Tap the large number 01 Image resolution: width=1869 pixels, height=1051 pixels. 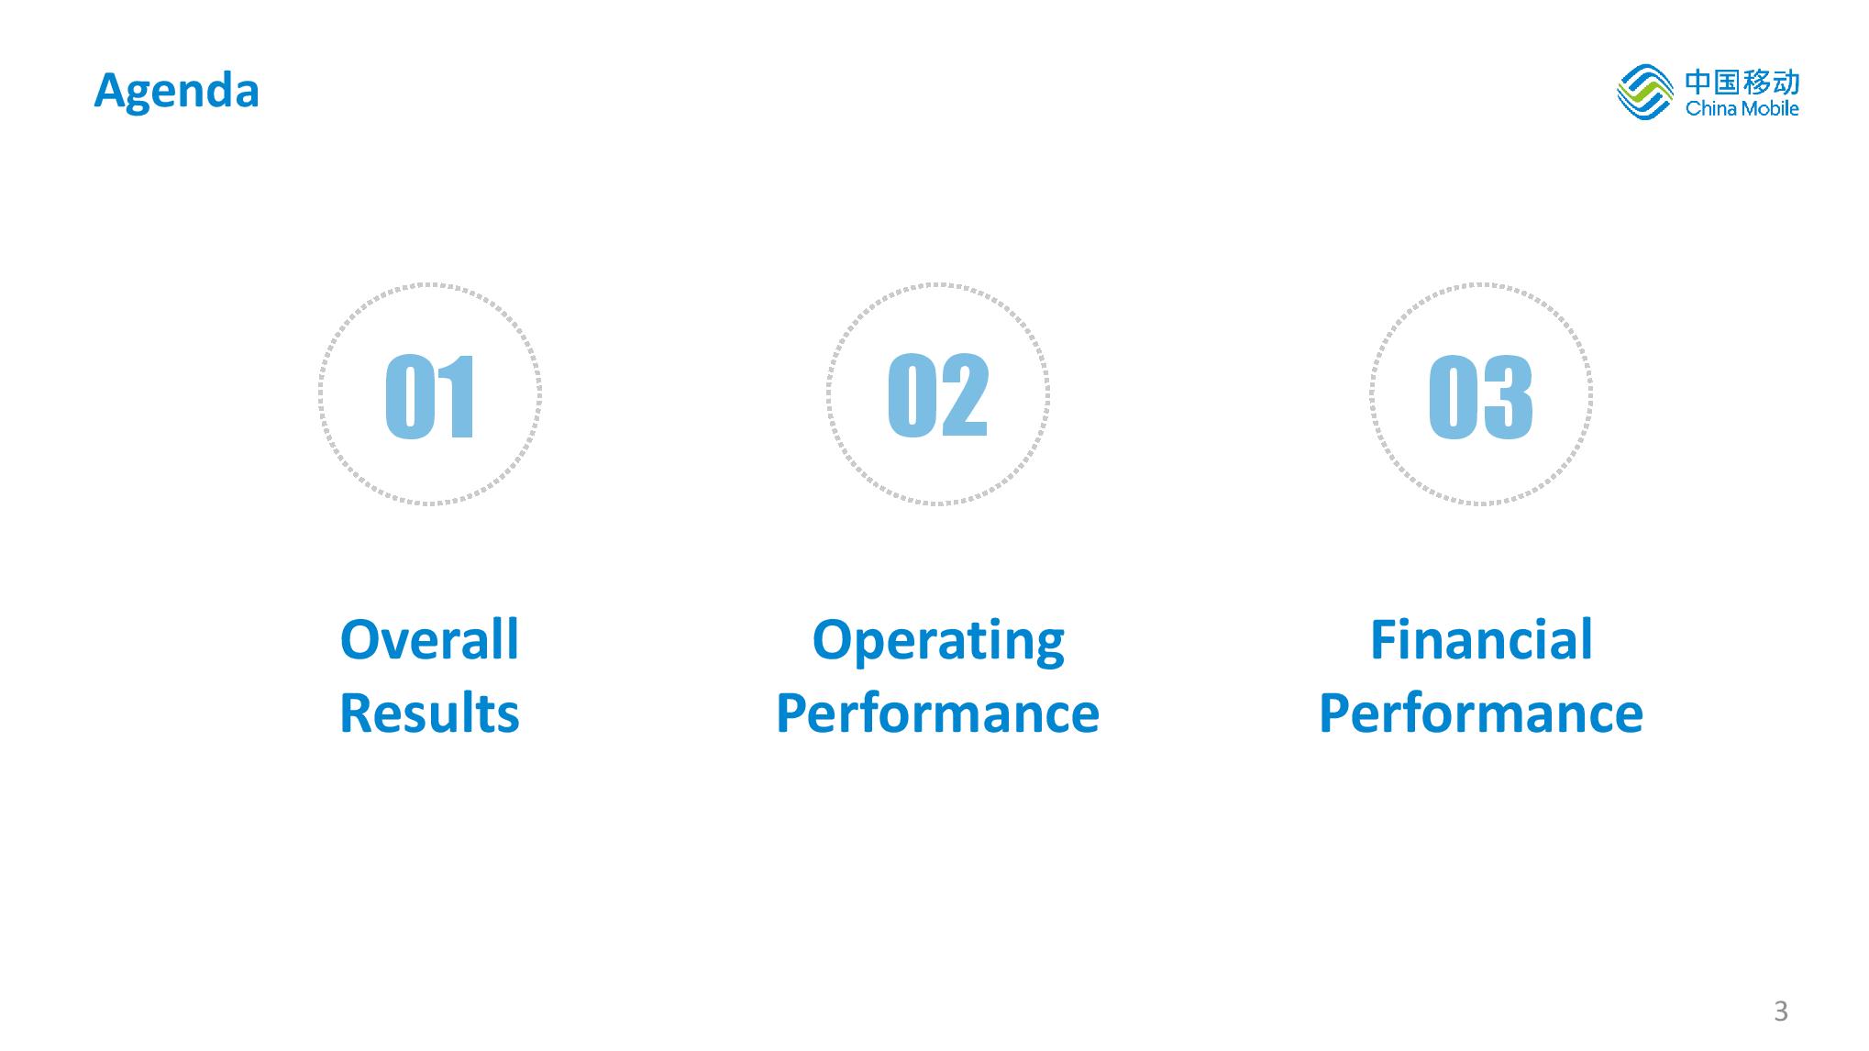coord(430,396)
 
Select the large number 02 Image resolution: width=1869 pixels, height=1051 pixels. coord(938,394)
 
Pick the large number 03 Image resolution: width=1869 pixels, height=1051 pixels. coord(1480,396)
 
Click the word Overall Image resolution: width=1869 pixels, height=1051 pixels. coord(429,639)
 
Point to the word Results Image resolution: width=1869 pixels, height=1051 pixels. coord(429,714)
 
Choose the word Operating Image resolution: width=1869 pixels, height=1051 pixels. coord(938,642)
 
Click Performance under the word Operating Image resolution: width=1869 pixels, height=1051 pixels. coord(938,714)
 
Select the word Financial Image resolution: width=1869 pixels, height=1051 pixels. coord(1481,639)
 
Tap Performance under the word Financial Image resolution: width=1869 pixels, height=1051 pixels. coord(1481,714)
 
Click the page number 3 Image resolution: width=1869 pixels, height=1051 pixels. coord(1781,1011)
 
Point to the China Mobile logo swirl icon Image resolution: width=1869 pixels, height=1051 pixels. coord(1645,93)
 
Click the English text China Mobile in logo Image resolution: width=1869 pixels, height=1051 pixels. coord(1742,109)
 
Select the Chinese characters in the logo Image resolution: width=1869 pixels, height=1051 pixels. coord(1742,82)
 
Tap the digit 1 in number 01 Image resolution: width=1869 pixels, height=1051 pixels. coord(456,396)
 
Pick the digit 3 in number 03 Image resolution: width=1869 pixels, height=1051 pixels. coord(1507,396)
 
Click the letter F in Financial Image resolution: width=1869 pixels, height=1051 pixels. coord(1384,639)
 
